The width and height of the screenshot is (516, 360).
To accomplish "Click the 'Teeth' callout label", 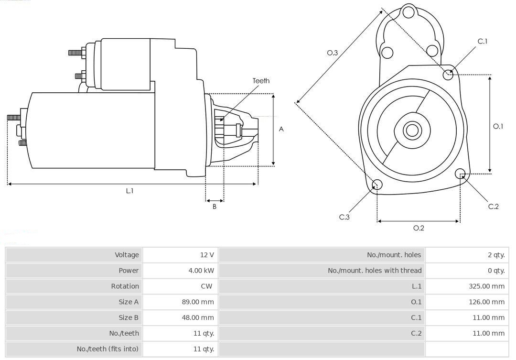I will pyautogui.click(x=261, y=81).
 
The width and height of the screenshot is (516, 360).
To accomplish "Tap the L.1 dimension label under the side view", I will pyautogui.click(x=129, y=191).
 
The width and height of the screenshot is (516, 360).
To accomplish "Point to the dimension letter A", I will pyautogui.click(x=281, y=129).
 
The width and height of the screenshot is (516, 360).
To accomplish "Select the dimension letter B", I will pyautogui.click(x=215, y=207).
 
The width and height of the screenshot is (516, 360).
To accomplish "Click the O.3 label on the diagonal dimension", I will pyautogui.click(x=333, y=53).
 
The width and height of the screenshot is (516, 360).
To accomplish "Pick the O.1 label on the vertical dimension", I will pyautogui.click(x=498, y=126).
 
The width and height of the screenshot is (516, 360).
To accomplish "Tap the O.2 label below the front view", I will pyautogui.click(x=419, y=228).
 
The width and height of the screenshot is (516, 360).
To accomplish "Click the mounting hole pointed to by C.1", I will pyautogui.click(x=448, y=74).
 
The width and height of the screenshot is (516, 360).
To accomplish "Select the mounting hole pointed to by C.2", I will pyautogui.click(x=461, y=173).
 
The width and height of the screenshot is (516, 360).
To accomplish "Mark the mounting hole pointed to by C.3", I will pyautogui.click(x=377, y=185).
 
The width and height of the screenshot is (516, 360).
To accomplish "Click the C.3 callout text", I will pyautogui.click(x=344, y=217).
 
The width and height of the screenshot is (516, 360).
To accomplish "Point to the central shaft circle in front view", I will pyautogui.click(x=411, y=130).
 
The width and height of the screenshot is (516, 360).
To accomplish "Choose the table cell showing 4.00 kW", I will pyautogui.click(x=201, y=271).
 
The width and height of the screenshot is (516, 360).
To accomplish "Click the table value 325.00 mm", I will pyautogui.click(x=487, y=286).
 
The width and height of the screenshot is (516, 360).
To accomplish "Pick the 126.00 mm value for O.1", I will pyautogui.click(x=487, y=302).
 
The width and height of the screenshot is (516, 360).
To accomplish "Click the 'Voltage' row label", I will pyautogui.click(x=127, y=255).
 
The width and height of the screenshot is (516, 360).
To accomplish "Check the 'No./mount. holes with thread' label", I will pyautogui.click(x=375, y=271).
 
